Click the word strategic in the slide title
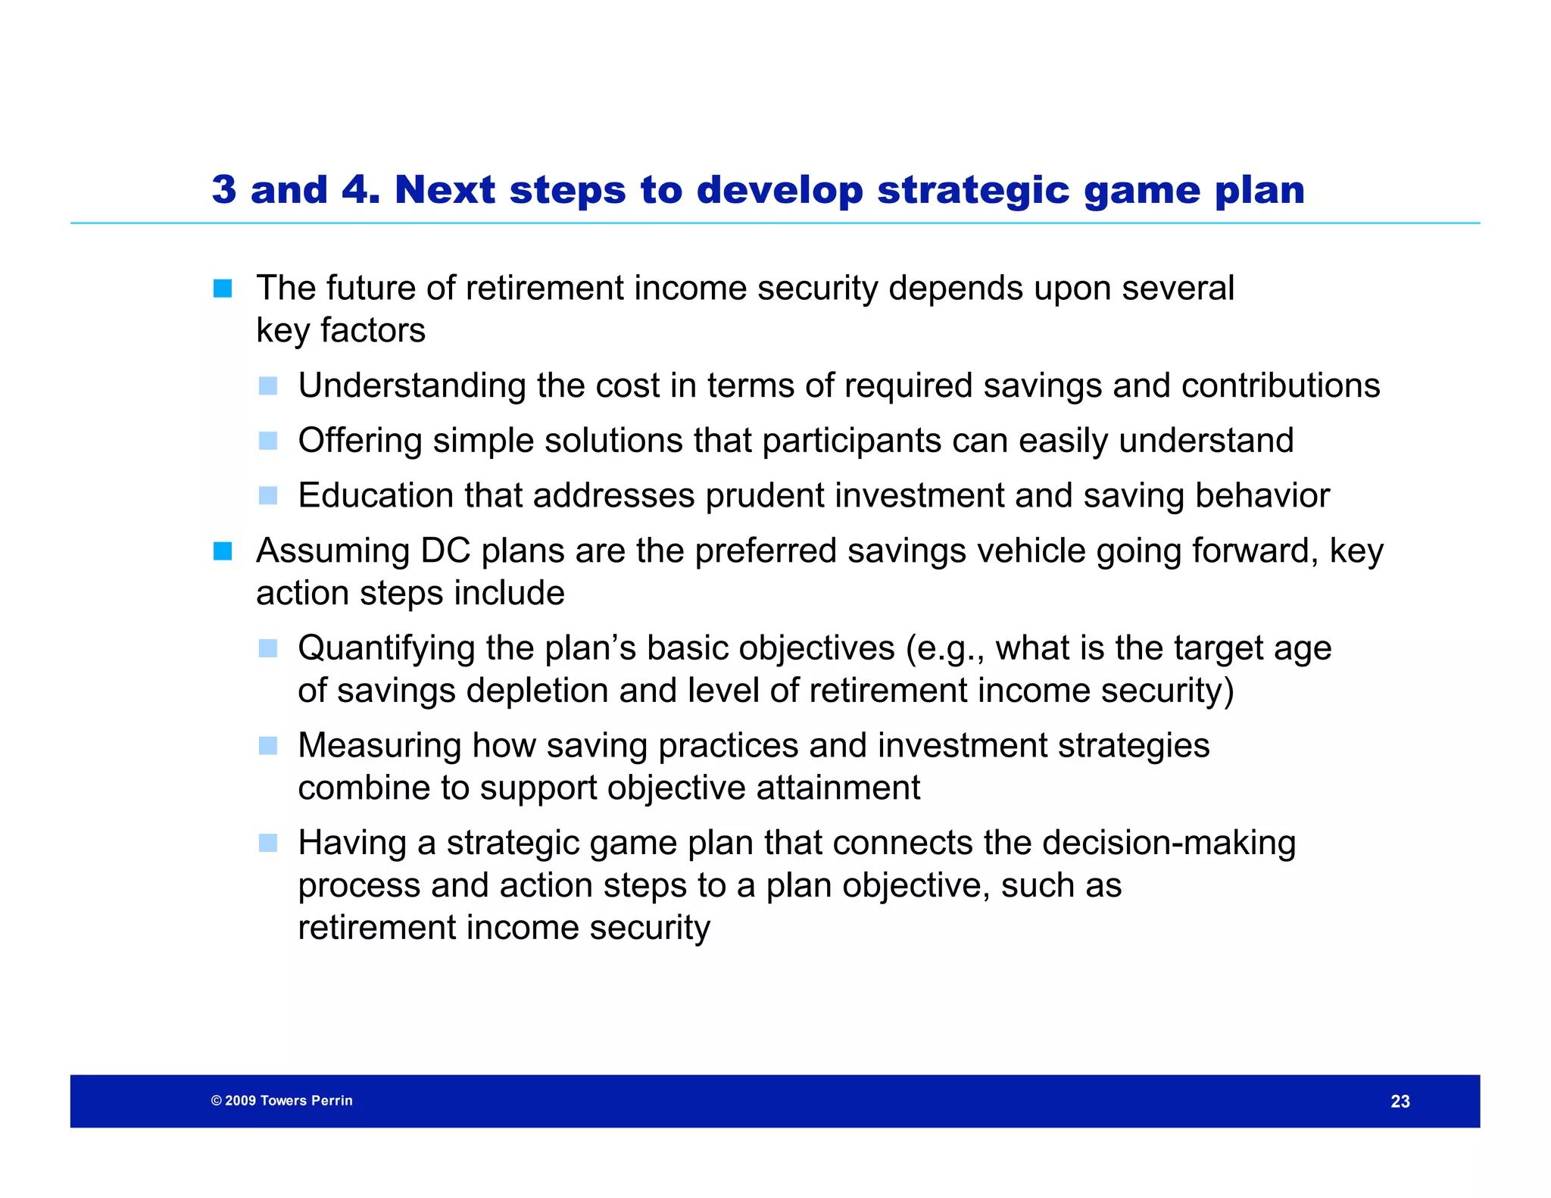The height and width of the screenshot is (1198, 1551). point(973,189)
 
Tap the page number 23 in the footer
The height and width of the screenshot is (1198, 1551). point(1400,1101)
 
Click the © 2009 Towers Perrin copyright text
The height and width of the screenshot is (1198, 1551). point(282,1100)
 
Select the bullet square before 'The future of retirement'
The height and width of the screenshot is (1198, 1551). point(223,289)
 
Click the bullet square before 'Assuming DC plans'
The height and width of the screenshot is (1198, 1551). point(223,551)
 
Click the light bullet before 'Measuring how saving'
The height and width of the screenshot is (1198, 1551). point(268,746)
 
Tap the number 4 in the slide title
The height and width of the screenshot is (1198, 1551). point(355,189)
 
